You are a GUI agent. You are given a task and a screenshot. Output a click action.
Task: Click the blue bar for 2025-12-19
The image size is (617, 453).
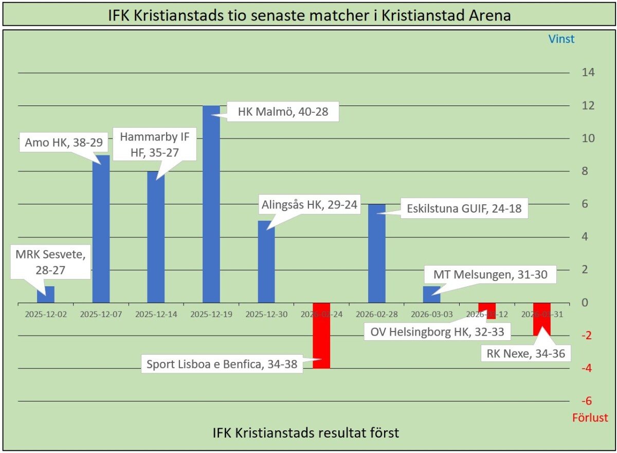(x=211, y=206)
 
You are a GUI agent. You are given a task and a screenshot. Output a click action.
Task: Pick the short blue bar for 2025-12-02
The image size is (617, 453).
(x=46, y=294)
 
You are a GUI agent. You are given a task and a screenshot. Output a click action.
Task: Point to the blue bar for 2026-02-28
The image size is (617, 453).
(x=377, y=255)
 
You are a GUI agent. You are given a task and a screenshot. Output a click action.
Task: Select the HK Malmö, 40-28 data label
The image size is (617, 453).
(x=282, y=113)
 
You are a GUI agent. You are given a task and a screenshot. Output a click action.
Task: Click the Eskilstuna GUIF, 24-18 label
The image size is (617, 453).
(x=464, y=210)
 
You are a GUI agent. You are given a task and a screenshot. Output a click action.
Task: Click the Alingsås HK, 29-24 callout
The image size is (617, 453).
(x=309, y=204)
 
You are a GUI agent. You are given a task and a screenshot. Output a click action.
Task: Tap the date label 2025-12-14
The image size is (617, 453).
(x=156, y=314)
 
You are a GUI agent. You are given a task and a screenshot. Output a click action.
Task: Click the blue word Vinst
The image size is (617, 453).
(x=561, y=39)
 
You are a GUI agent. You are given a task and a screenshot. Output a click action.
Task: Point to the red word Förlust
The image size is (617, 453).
(x=590, y=417)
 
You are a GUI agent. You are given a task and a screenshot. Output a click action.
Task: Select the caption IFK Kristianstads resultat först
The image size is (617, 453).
(x=306, y=433)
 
